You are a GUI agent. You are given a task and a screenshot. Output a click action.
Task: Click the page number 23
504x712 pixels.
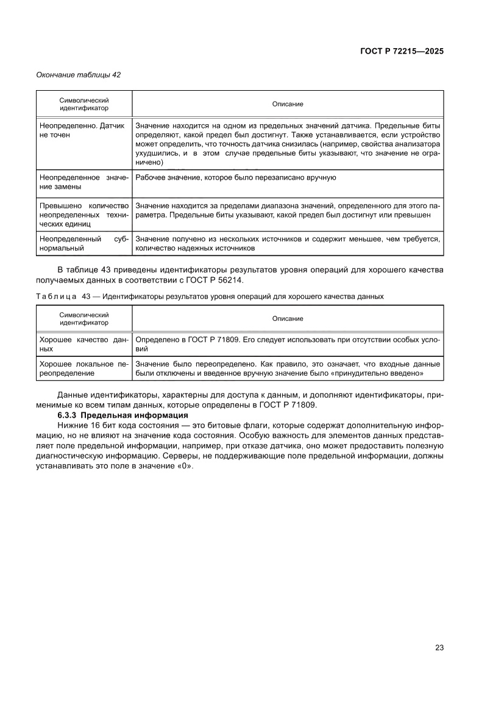439,647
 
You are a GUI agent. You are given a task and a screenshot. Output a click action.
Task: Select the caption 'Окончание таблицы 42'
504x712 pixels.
79,75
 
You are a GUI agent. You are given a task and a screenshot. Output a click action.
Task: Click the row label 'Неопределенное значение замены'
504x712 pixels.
83,182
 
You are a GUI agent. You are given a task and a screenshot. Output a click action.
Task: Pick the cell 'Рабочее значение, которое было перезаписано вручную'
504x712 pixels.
236,177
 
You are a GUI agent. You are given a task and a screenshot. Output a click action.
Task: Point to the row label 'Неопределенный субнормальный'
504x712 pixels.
83,244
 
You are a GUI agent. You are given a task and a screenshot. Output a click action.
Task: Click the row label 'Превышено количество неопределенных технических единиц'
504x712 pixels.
83,214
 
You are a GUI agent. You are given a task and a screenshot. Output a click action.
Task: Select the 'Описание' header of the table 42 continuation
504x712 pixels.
288,104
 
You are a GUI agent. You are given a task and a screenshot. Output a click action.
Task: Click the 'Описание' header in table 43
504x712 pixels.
288,319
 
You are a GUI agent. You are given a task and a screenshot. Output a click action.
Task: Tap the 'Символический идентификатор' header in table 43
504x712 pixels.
84,319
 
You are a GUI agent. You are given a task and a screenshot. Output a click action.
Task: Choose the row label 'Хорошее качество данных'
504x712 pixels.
83,344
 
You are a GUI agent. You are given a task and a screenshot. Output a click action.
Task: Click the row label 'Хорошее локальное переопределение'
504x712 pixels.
83,368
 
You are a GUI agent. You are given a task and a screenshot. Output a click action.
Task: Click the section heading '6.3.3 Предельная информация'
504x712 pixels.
123,415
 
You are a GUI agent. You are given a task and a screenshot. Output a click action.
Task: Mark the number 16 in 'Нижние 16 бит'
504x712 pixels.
91,425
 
